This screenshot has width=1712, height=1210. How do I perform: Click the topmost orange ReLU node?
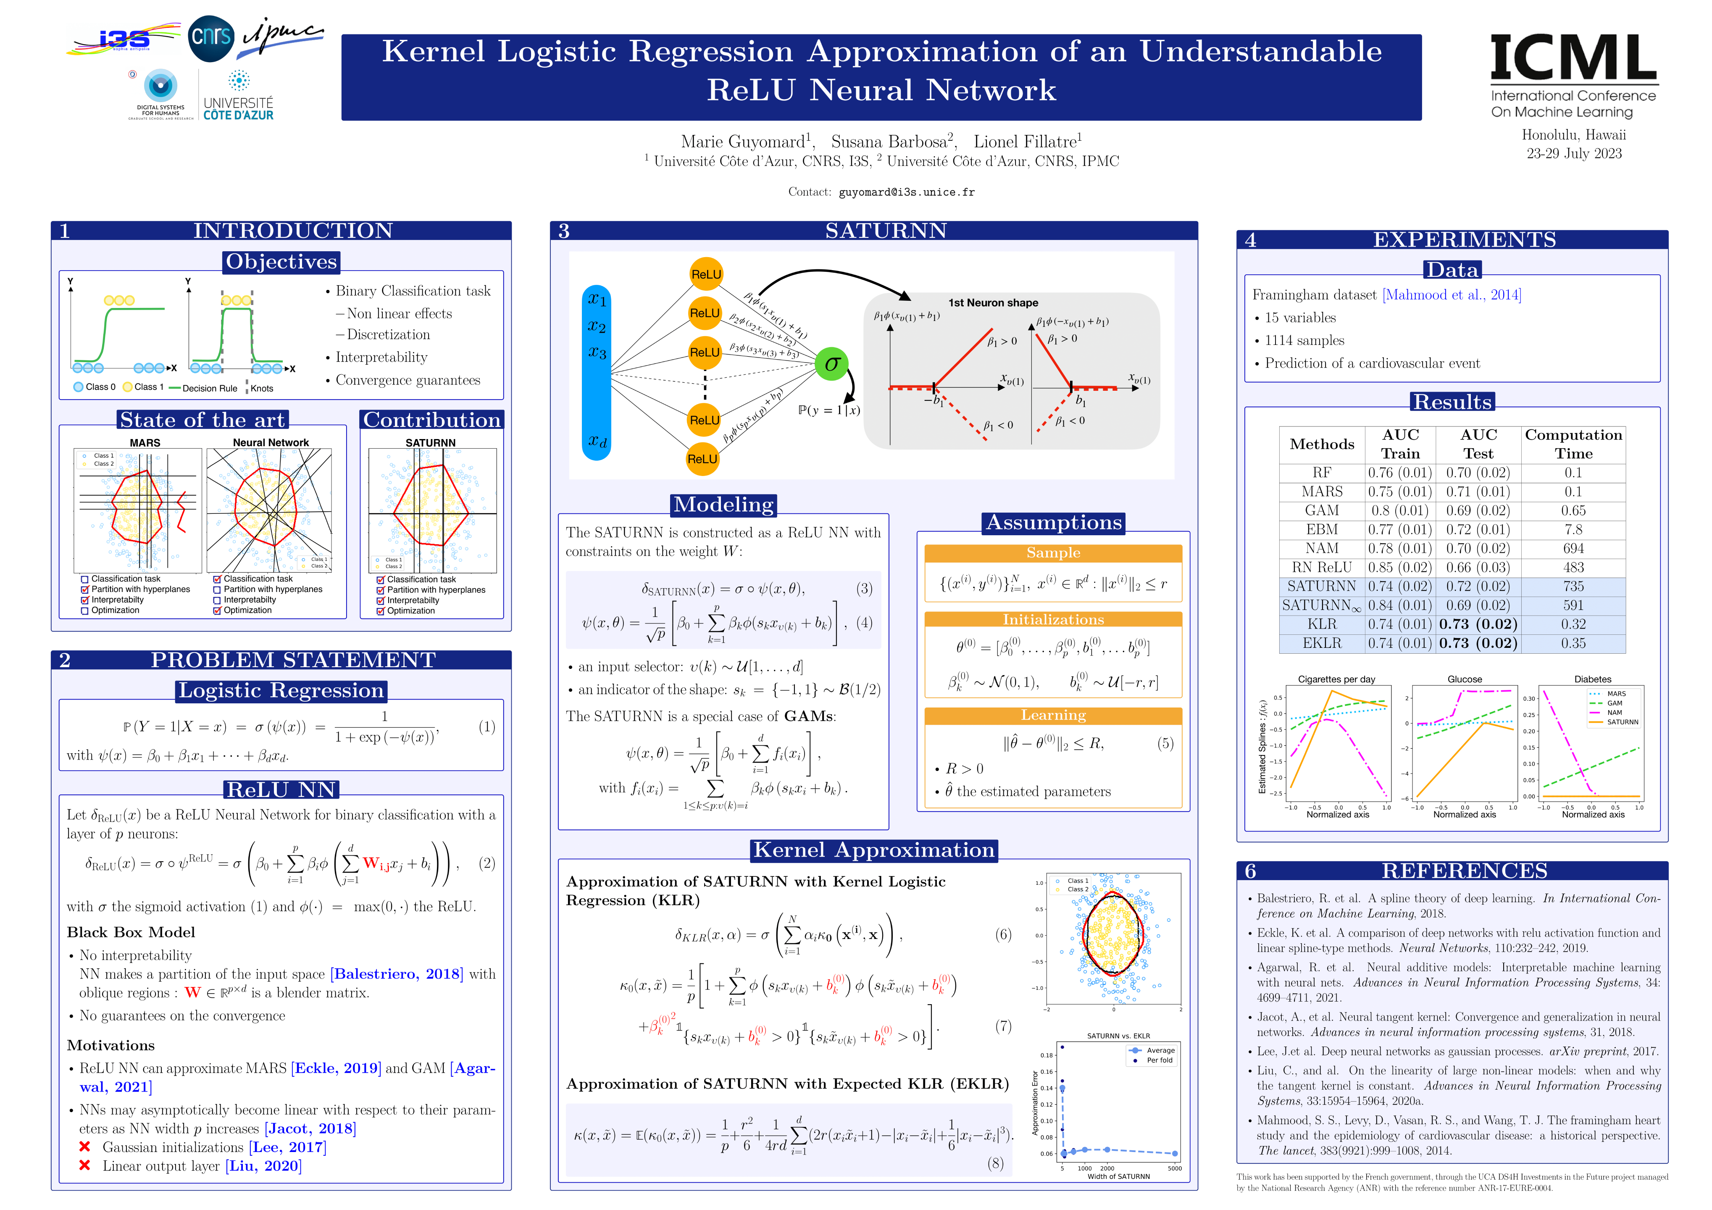coord(705,274)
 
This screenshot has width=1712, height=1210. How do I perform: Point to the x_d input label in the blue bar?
coord(597,441)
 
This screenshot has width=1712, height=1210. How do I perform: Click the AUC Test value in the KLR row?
coord(1478,624)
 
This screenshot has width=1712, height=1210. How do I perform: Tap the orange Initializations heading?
coord(1053,620)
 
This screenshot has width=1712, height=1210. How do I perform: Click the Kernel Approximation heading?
coord(874,850)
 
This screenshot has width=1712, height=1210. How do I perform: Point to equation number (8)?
coord(995,1163)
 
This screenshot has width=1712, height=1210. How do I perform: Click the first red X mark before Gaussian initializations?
coord(85,1147)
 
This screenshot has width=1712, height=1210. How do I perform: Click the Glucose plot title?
coord(1465,679)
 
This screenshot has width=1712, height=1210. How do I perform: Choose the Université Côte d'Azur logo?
coord(239,95)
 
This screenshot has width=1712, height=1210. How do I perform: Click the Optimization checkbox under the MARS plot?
coord(85,610)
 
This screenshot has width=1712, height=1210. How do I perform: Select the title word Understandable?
coord(1260,51)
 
